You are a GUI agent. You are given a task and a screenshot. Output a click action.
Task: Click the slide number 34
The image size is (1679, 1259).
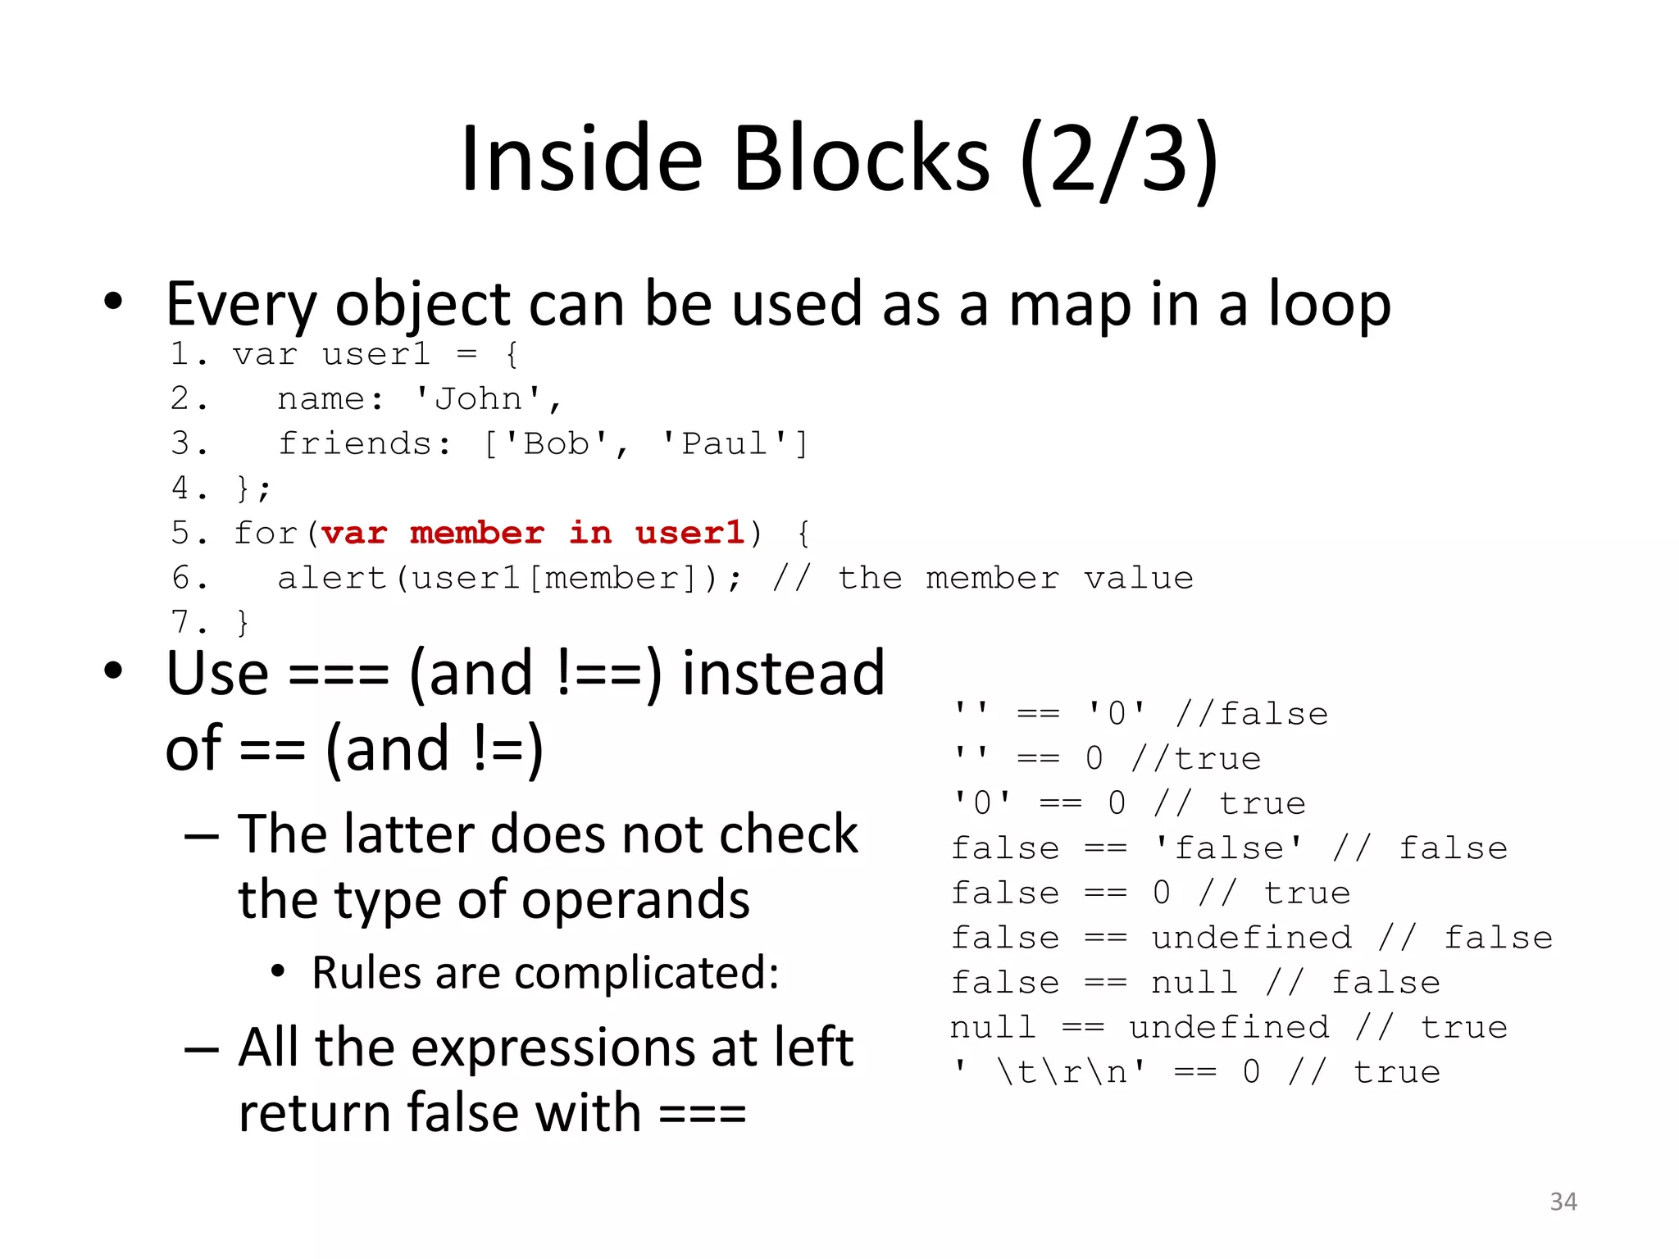click(x=1563, y=1202)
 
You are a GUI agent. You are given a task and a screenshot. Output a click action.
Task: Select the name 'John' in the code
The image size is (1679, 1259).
click(x=478, y=399)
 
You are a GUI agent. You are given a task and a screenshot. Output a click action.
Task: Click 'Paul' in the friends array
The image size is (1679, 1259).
click(x=724, y=444)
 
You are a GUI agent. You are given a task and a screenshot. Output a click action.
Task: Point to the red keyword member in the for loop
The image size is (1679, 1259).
click(x=477, y=534)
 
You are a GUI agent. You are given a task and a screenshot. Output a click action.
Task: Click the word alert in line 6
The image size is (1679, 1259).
click(x=331, y=579)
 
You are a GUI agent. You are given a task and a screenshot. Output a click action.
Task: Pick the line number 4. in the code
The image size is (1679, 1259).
click(x=189, y=489)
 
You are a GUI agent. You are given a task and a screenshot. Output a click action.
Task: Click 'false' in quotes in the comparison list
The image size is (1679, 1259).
click(x=1228, y=848)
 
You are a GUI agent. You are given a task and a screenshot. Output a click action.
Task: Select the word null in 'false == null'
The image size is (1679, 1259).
click(x=1194, y=983)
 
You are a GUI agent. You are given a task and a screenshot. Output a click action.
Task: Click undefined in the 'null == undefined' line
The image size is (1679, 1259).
click(x=1228, y=1027)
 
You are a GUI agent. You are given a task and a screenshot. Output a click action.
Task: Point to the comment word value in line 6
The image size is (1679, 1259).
click(x=1139, y=579)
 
